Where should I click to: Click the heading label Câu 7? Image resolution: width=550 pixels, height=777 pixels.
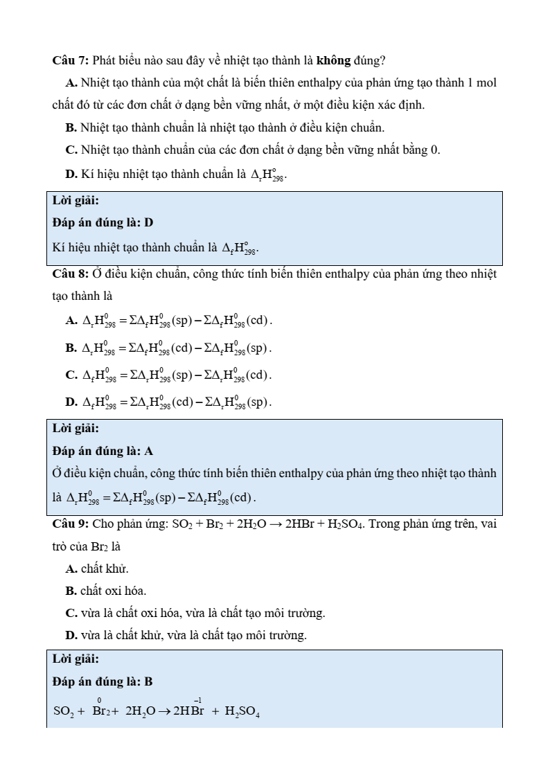click(70, 61)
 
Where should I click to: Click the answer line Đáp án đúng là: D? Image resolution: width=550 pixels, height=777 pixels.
click(103, 223)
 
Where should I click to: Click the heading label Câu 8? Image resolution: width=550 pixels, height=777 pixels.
click(70, 274)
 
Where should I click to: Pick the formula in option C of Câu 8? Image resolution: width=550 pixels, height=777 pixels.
click(176, 375)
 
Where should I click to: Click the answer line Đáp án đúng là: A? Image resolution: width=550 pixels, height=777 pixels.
click(103, 451)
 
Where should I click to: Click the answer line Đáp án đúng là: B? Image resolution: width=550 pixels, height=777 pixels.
click(103, 682)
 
